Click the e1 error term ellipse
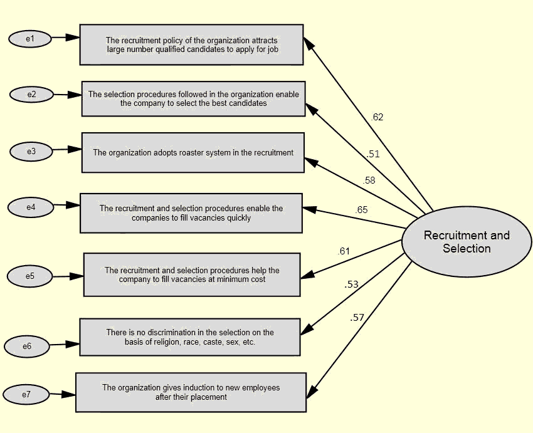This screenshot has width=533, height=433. [30, 39]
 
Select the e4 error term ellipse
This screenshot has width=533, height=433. [31, 207]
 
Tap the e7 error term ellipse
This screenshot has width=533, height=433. [26, 395]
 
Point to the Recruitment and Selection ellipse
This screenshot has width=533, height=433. [467, 242]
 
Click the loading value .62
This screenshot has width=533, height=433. [377, 117]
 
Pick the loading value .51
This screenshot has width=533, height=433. [373, 154]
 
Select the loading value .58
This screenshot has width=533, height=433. [369, 180]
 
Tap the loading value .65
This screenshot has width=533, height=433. [361, 210]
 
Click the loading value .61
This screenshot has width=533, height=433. [344, 251]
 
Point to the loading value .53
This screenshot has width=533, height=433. [351, 284]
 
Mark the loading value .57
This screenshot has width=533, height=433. [357, 318]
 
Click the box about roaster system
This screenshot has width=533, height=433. [193, 152]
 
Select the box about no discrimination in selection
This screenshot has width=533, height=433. [190, 337]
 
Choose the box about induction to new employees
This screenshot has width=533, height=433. [191, 392]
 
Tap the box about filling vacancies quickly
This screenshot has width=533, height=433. [191, 213]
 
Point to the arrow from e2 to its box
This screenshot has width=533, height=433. [67, 95]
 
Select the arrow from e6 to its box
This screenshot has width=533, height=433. [65, 345]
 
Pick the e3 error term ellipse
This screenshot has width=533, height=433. [31, 151]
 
